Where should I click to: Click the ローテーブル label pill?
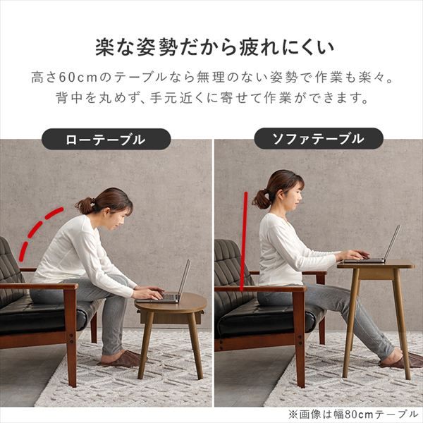[x=106, y=139]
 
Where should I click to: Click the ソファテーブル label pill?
[x=318, y=139]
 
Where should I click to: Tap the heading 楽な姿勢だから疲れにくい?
[x=211, y=47]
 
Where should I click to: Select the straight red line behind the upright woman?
[x=244, y=240]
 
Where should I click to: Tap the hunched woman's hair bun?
[x=85, y=205]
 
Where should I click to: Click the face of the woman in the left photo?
[x=122, y=214]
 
